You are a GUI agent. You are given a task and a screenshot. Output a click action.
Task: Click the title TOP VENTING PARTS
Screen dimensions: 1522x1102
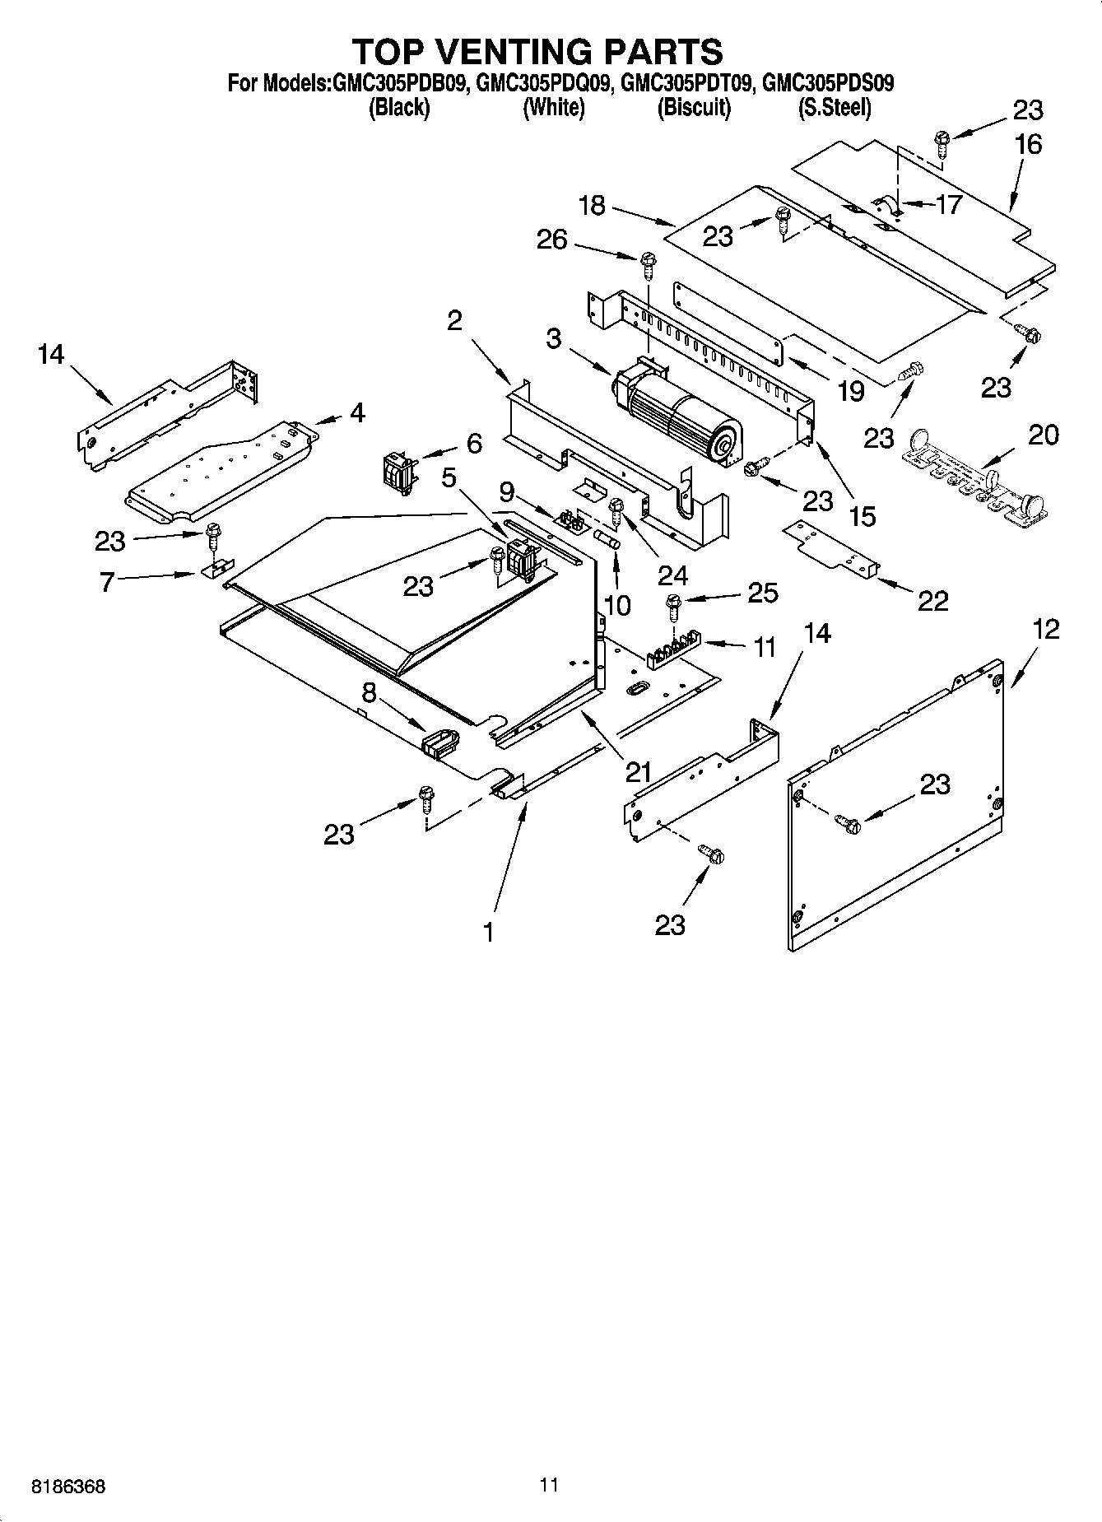click(537, 51)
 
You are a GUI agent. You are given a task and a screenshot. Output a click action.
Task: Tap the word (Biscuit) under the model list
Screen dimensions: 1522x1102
click(693, 108)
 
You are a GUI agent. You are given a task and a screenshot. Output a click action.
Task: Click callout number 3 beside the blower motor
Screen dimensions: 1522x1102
click(554, 338)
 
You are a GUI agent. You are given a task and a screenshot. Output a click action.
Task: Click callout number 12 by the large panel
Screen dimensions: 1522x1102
click(1045, 630)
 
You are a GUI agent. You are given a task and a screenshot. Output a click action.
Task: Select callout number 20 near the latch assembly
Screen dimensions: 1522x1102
click(1043, 435)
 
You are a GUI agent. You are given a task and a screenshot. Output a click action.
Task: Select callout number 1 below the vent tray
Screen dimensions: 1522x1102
click(488, 932)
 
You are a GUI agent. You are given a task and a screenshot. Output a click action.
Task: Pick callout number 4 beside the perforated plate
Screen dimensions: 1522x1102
click(356, 412)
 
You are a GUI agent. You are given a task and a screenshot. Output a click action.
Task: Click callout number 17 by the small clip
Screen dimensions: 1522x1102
click(948, 204)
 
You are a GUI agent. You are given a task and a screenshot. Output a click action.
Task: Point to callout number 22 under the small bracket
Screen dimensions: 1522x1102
click(932, 601)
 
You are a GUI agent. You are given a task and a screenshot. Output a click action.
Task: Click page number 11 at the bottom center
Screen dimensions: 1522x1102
click(550, 1485)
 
